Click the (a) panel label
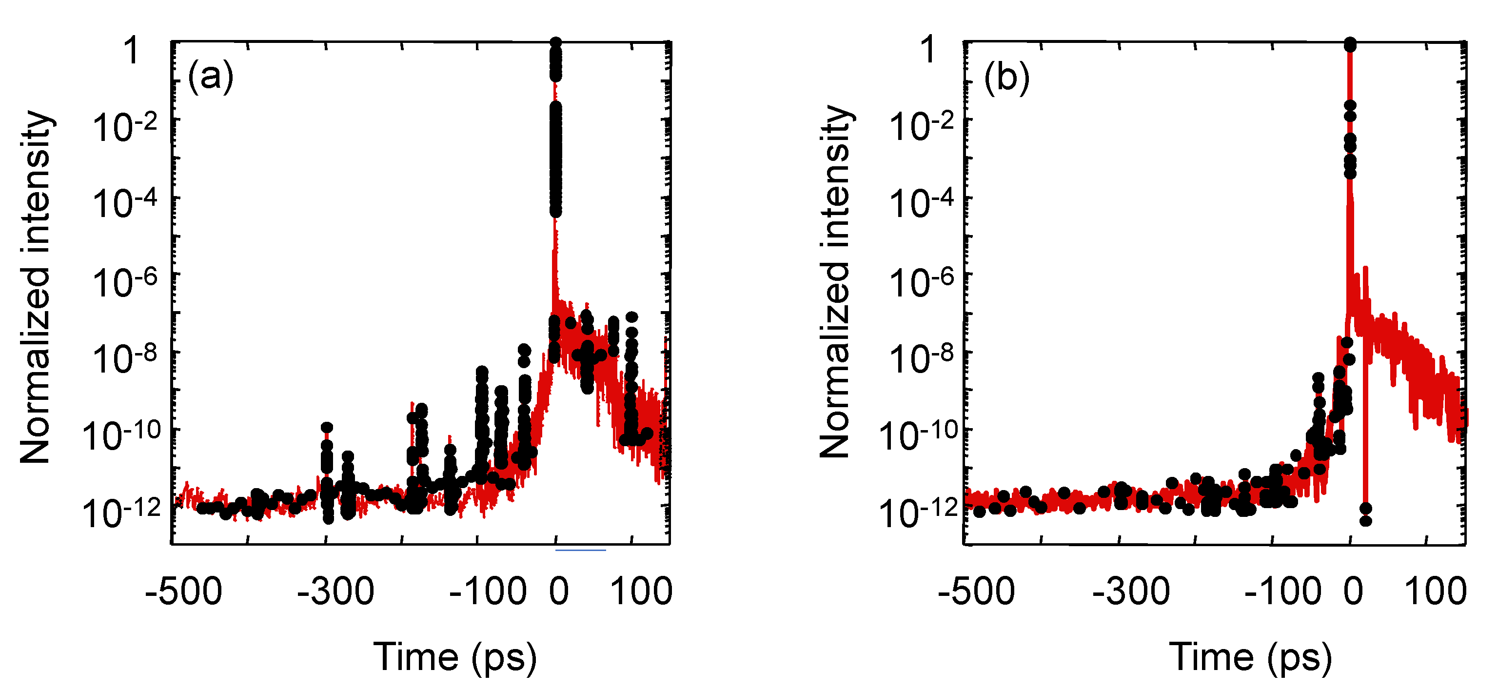[210, 76]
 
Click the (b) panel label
[1006, 78]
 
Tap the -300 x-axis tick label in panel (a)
[335, 592]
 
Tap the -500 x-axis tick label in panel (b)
[976, 592]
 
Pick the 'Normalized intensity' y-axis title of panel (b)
[835, 282]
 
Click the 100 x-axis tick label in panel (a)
[641, 592]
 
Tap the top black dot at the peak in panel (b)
[1350, 43]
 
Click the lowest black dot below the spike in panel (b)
[1366, 521]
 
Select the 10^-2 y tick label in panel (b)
[922, 127]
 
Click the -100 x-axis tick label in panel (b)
[1282, 592]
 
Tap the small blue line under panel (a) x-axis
[581, 550]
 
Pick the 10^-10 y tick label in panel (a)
[121, 436]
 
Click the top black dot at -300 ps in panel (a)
[327, 428]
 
